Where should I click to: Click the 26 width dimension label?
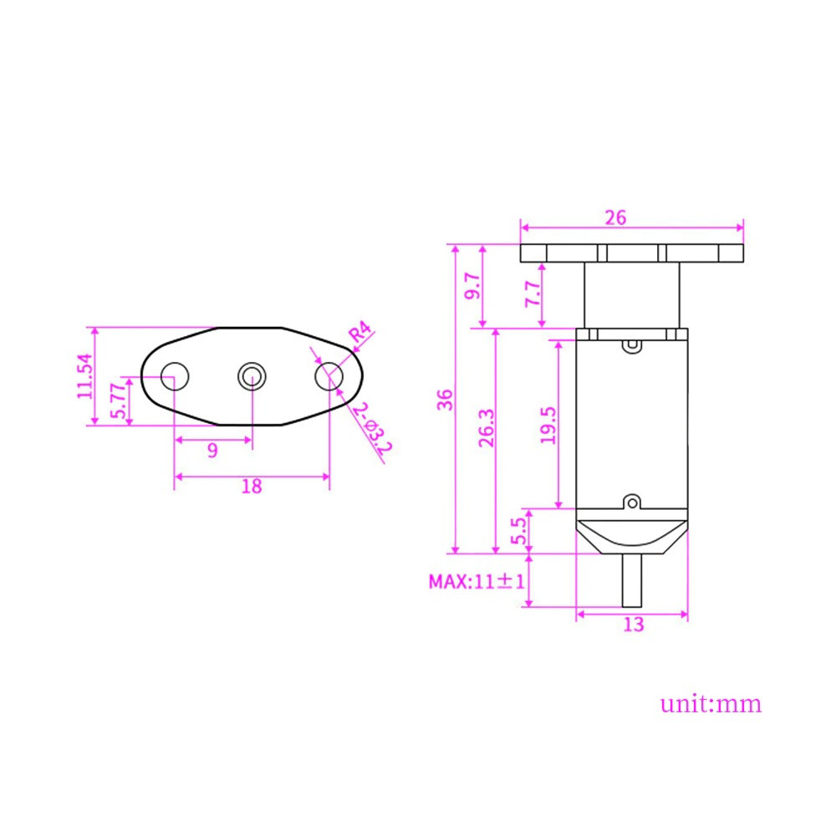[615, 217]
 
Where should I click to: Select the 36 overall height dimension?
[445, 400]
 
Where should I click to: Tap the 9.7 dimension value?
[472, 286]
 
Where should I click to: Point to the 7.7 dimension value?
[533, 293]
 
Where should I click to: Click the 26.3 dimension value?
[487, 427]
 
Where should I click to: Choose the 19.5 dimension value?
[548, 426]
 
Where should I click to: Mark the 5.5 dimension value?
[518, 531]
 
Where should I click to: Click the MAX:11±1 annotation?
[477, 581]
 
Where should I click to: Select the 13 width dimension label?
[634, 624]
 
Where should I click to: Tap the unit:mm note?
[711, 703]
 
